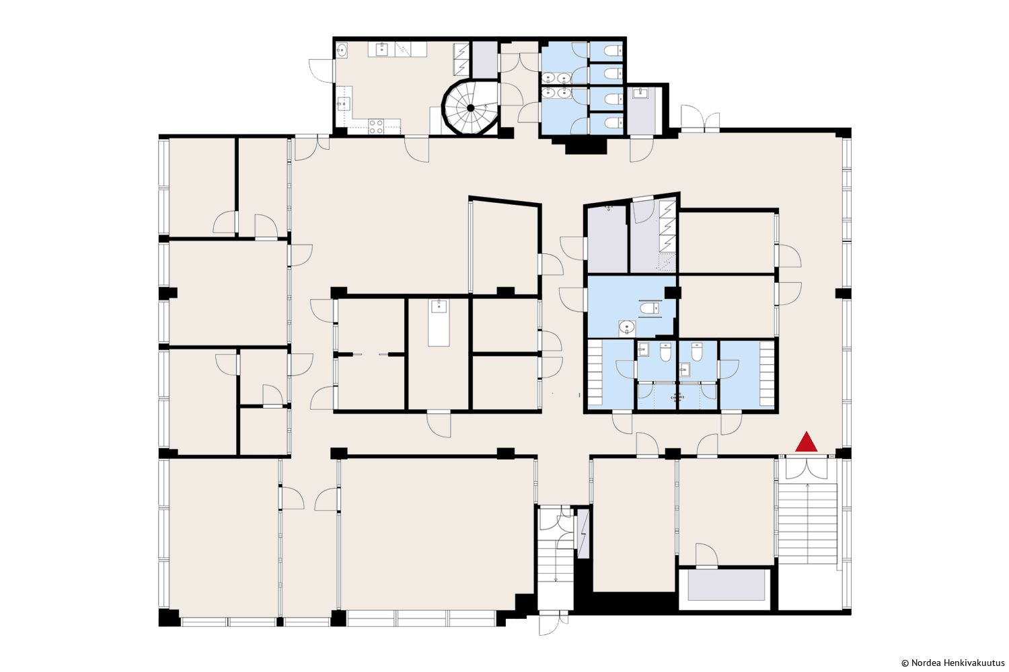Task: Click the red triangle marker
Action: pyautogui.click(x=806, y=442)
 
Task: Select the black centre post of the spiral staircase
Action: pyautogui.click(x=470, y=108)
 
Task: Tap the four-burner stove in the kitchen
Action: pyautogui.click(x=376, y=126)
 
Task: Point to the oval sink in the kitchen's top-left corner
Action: pyautogui.click(x=342, y=50)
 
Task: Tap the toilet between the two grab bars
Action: pyautogui.click(x=649, y=308)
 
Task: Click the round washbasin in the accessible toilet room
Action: pyautogui.click(x=626, y=327)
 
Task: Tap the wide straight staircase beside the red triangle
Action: pyautogui.click(x=808, y=524)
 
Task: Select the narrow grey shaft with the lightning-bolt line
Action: pyautogui.click(x=583, y=534)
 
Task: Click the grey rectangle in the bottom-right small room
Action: pyautogui.click(x=726, y=585)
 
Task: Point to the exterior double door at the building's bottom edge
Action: pyautogui.click(x=554, y=624)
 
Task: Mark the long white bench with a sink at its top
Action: pyautogui.click(x=439, y=323)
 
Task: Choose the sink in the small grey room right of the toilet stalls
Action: pyautogui.click(x=640, y=93)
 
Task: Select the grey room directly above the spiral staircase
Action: pyautogui.click(x=485, y=59)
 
